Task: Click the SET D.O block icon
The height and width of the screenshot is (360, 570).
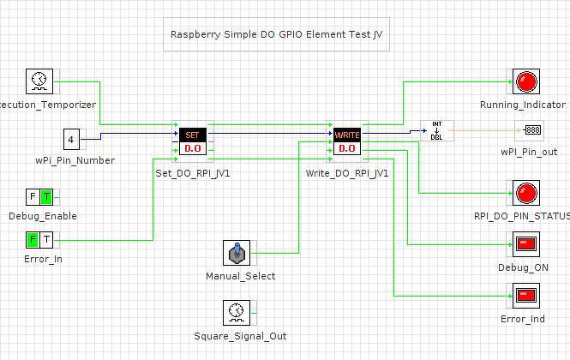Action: pos(192,141)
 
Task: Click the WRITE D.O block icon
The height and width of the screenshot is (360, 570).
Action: pos(347,141)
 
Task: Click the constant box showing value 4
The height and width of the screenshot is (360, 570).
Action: pos(71,138)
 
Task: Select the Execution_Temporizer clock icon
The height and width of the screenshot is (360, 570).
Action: pos(39,82)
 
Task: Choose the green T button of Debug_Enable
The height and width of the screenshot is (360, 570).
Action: pos(45,196)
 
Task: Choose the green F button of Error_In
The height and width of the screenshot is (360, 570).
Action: pos(33,239)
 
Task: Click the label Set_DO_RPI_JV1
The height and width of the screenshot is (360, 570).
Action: pos(193,172)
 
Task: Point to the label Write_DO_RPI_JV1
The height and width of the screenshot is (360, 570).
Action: pos(347,172)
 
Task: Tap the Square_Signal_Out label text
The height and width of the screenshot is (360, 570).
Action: pos(240,336)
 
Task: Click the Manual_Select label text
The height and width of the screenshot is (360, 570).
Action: pos(241,276)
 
